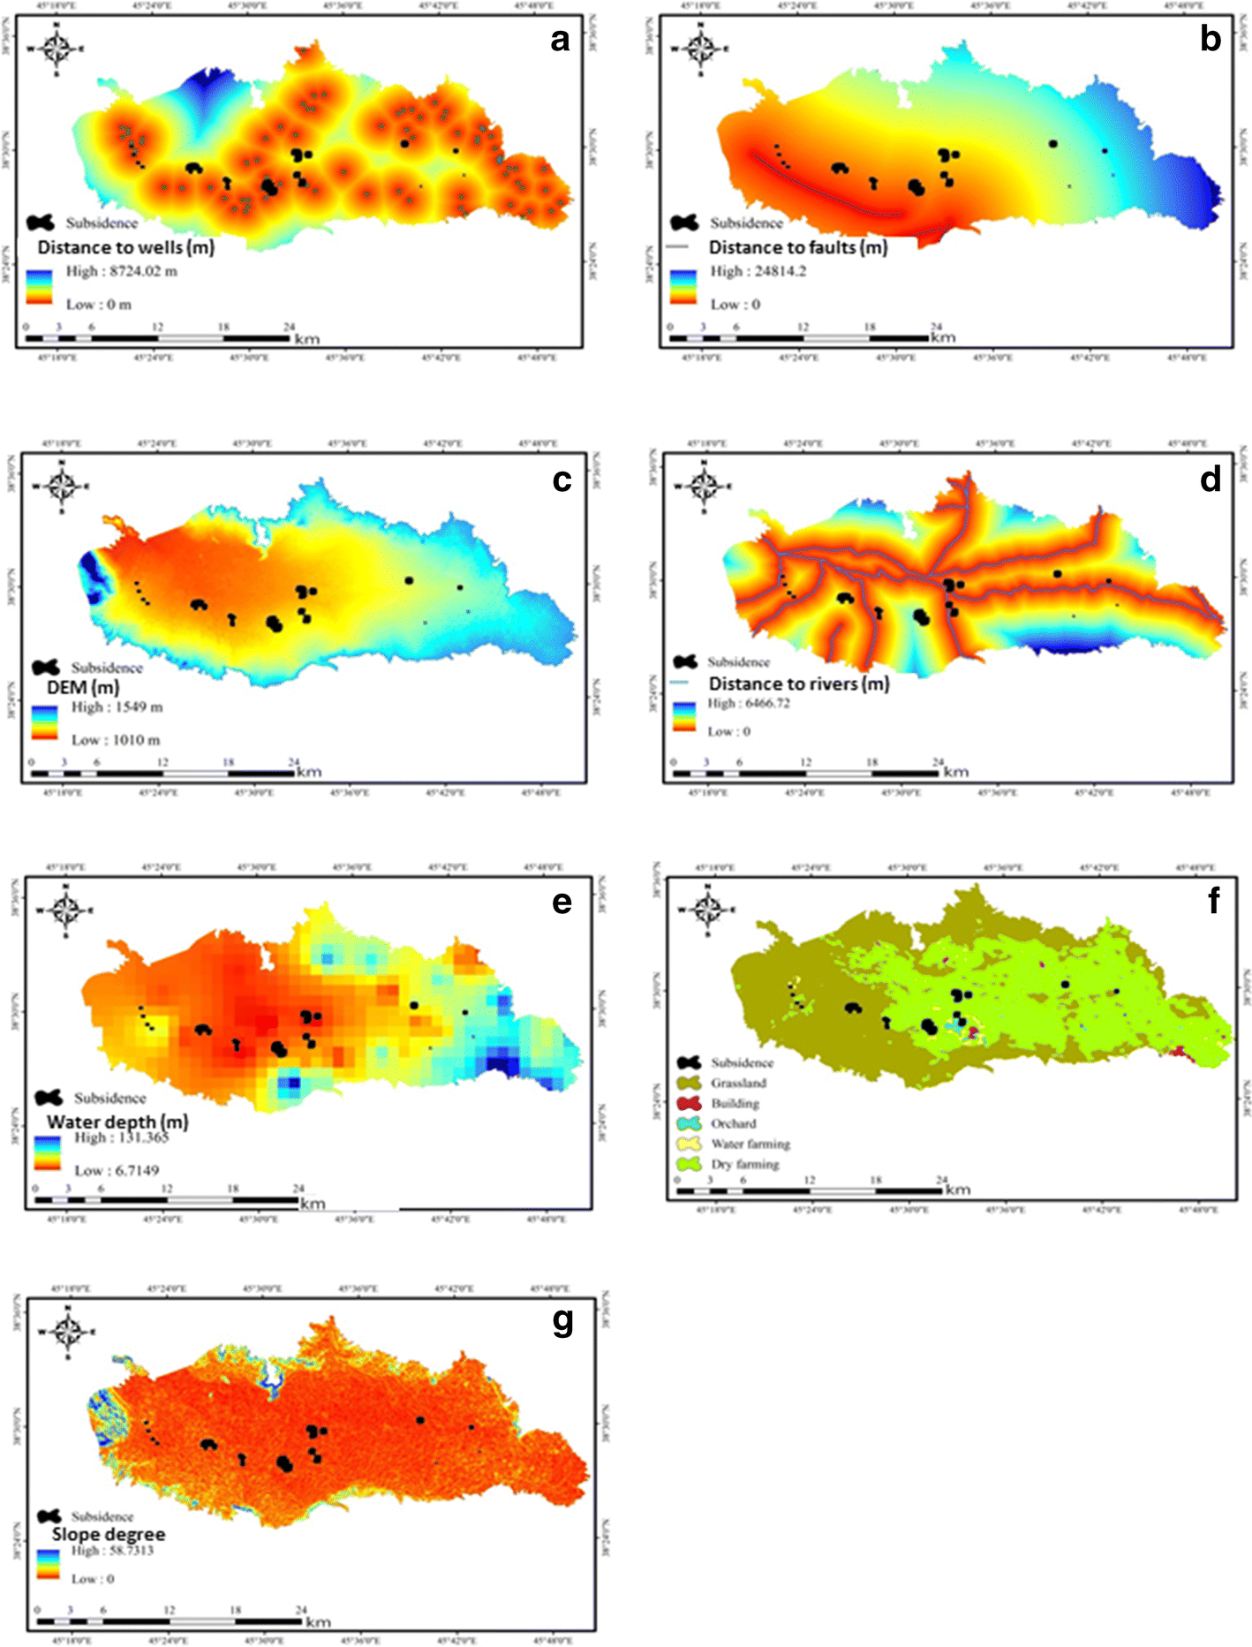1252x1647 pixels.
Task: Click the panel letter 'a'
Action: pos(560,41)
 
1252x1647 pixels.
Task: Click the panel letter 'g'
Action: pos(562,1321)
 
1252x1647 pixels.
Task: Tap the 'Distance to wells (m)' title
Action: pos(125,247)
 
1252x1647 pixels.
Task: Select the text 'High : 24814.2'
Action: pos(758,271)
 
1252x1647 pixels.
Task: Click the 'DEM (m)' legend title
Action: pos(83,687)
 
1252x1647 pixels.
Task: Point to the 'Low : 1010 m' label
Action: pos(116,740)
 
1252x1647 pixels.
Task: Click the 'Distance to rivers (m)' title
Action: pos(798,684)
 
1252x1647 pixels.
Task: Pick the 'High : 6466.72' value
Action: pos(748,704)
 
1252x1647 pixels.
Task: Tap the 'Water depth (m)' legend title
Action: pos(117,1122)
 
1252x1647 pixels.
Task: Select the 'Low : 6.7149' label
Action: pos(117,1170)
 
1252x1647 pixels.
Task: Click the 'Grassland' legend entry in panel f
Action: pos(738,1083)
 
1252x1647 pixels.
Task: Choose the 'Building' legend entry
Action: pos(735,1103)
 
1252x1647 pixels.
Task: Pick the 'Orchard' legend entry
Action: pos(733,1123)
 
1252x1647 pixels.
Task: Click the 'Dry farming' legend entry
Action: pos(744,1164)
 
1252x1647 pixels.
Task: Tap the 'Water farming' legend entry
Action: pos(750,1144)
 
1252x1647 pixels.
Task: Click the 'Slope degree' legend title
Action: pos(108,1534)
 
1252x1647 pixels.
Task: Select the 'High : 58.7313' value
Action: pos(112,1551)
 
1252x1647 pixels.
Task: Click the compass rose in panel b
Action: pos(700,48)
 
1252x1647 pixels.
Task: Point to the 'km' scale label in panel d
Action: pos(955,772)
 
